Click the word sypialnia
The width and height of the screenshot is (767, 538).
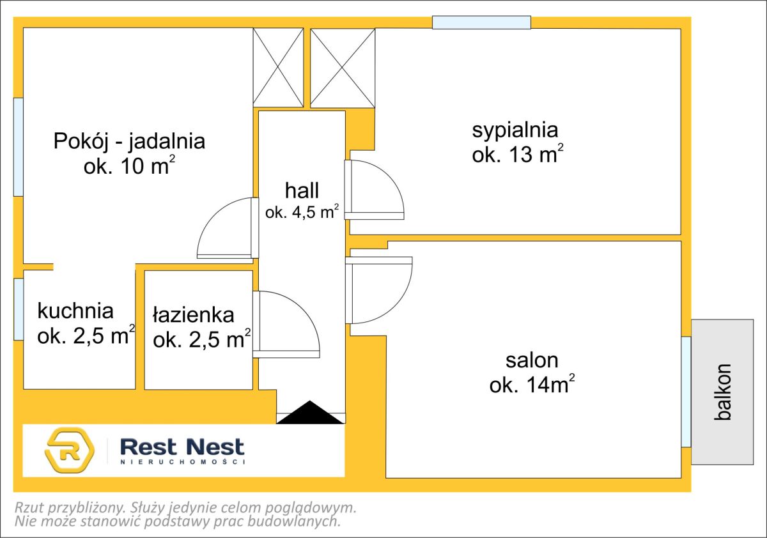(515, 130)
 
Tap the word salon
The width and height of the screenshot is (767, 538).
(532, 360)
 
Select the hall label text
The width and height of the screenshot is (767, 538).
(302, 190)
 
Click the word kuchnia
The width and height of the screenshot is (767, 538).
(75, 311)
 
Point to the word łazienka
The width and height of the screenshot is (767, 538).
(194, 315)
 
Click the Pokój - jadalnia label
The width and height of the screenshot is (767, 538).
(129, 141)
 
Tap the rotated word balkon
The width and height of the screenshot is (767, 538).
(723, 392)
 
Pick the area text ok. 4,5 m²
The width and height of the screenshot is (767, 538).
(302, 212)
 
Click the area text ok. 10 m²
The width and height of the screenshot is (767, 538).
(129, 165)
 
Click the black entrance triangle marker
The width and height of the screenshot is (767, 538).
(310, 412)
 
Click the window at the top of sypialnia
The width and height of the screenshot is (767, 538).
(481, 22)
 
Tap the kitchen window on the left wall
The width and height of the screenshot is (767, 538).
(19, 309)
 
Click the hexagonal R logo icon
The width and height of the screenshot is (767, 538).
(70, 450)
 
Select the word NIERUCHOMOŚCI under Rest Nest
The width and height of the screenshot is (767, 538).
(183, 462)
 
